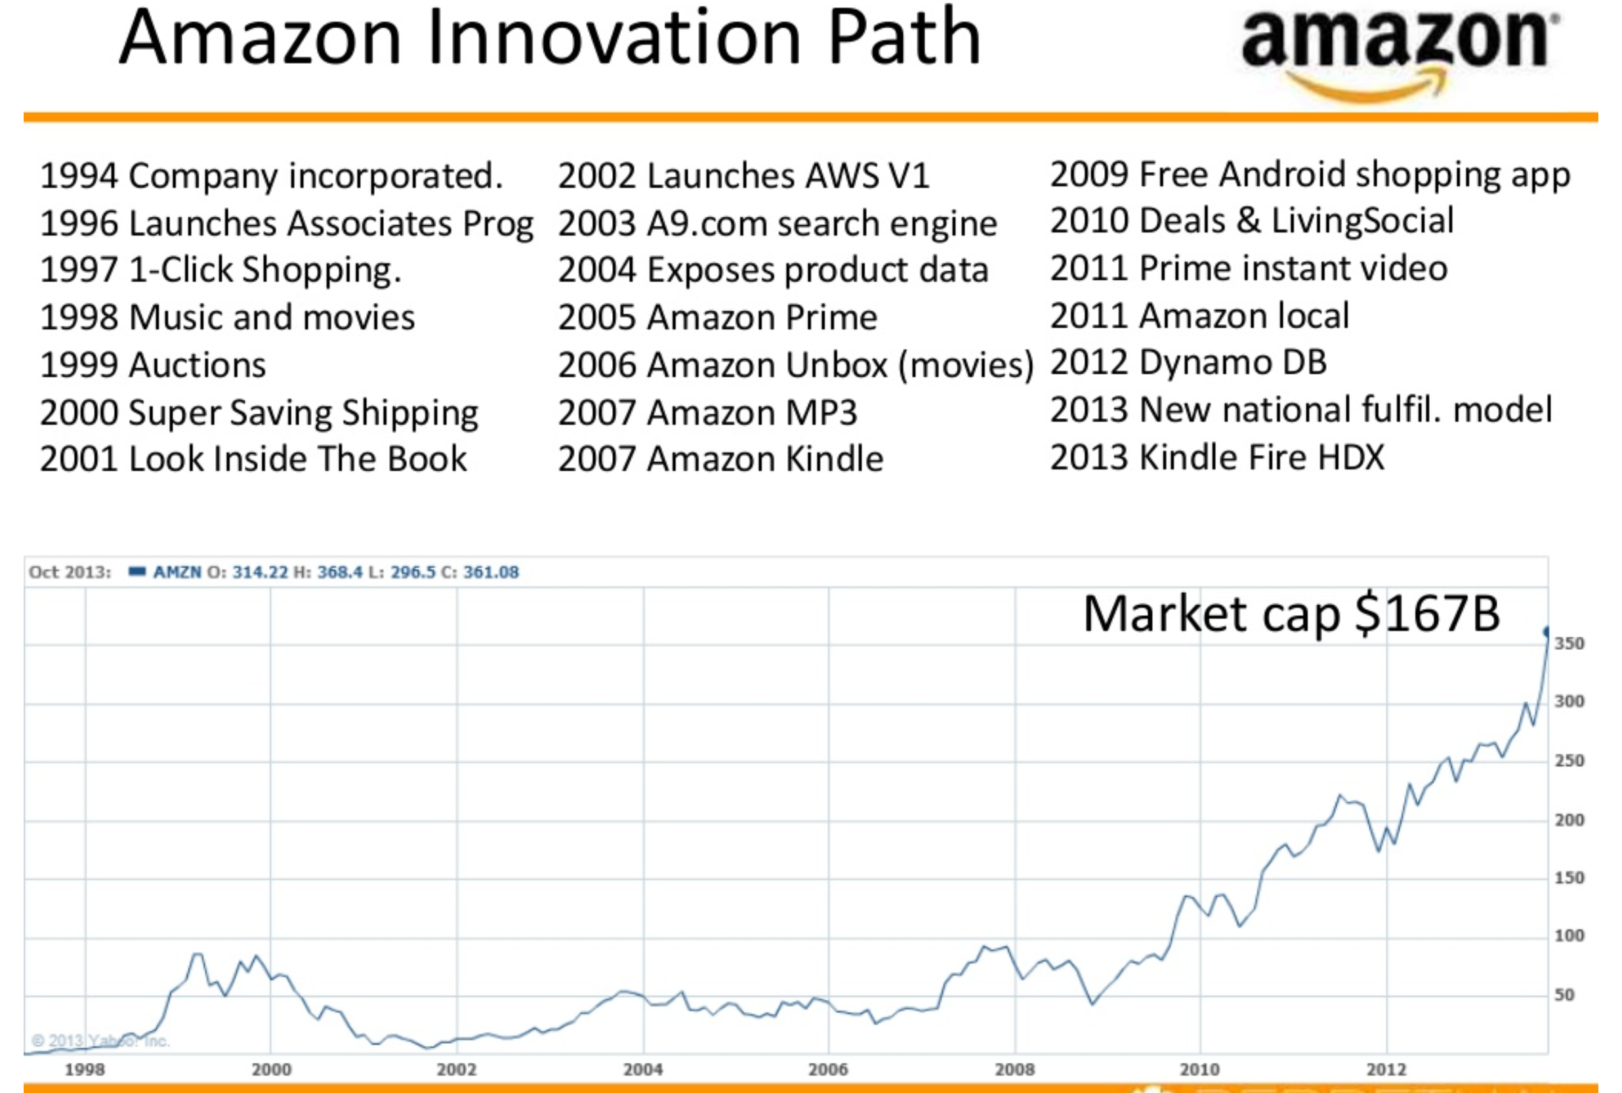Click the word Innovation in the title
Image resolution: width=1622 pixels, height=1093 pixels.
tap(613, 38)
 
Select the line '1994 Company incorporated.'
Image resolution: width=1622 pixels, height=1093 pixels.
tap(271, 176)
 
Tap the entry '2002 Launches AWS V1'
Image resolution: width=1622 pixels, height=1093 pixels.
tap(743, 176)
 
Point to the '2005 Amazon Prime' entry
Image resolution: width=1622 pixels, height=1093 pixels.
tap(717, 318)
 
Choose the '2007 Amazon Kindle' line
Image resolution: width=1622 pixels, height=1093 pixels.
tap(720, 460)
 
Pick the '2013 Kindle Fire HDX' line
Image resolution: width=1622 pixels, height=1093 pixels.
tap(1217, 458)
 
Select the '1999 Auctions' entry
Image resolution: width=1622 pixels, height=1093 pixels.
tap(153, 365)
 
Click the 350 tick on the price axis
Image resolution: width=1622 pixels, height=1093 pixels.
tap(1569, 643)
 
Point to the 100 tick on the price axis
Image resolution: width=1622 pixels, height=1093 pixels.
tap(1569, 935)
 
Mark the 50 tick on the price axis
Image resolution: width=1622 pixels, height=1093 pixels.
tap(1564, 995)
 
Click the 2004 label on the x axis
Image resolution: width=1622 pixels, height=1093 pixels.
tap(642, 1069)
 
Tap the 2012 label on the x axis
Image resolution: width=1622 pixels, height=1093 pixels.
tap(1386, 1069)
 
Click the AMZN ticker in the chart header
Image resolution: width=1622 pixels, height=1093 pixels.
tap(177, 572)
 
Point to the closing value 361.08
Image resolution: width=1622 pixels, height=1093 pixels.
tap(491, 572)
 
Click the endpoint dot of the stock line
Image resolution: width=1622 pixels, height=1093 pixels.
tap(1547, 632)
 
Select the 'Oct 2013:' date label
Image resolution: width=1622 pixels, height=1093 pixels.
tap(70, 572)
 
